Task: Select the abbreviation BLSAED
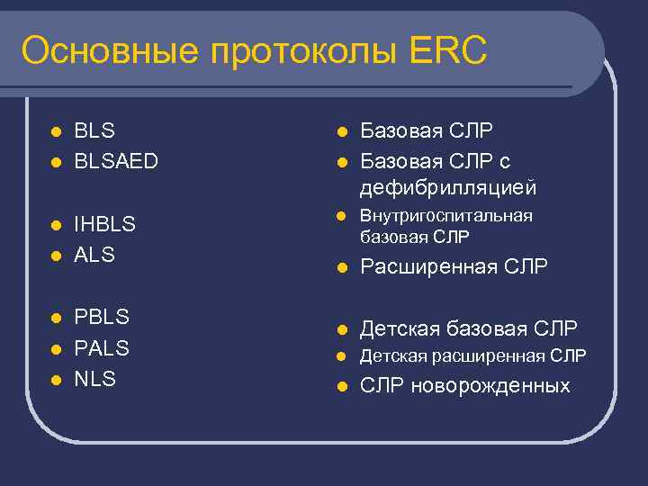(x=116, y=161)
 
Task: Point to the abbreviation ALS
(x=94, y=255)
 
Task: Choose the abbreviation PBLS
(x=102, y=317)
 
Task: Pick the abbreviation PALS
(x=102, y=347)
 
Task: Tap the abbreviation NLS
(x=94, y=379)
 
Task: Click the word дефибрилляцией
(x=448, y=189)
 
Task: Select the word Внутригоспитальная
(x=446, y=216)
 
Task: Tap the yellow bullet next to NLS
(x=55, y=380)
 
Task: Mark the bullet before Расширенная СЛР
(x=341, y=267)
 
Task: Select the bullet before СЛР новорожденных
(x=341, y=387)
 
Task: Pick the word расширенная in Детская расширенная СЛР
(x=483, y=356)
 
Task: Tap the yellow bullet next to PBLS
(x=55, y=318)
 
